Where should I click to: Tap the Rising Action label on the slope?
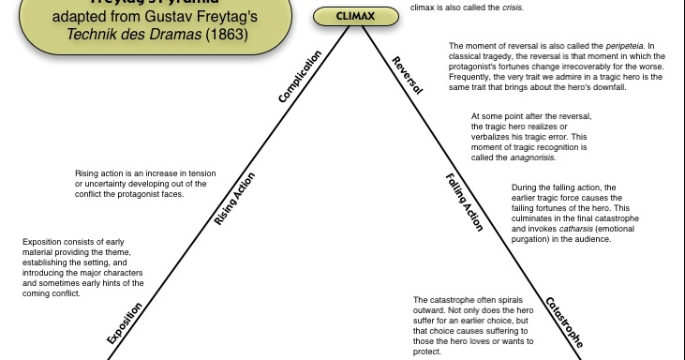pos(234,200)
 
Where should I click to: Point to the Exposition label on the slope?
pos(125,324)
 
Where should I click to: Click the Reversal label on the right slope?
pos(408,75)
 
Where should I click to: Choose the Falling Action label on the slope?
pos(464,202)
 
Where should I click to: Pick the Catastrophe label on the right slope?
pos(564,322)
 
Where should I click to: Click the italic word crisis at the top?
pos(509,7)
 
